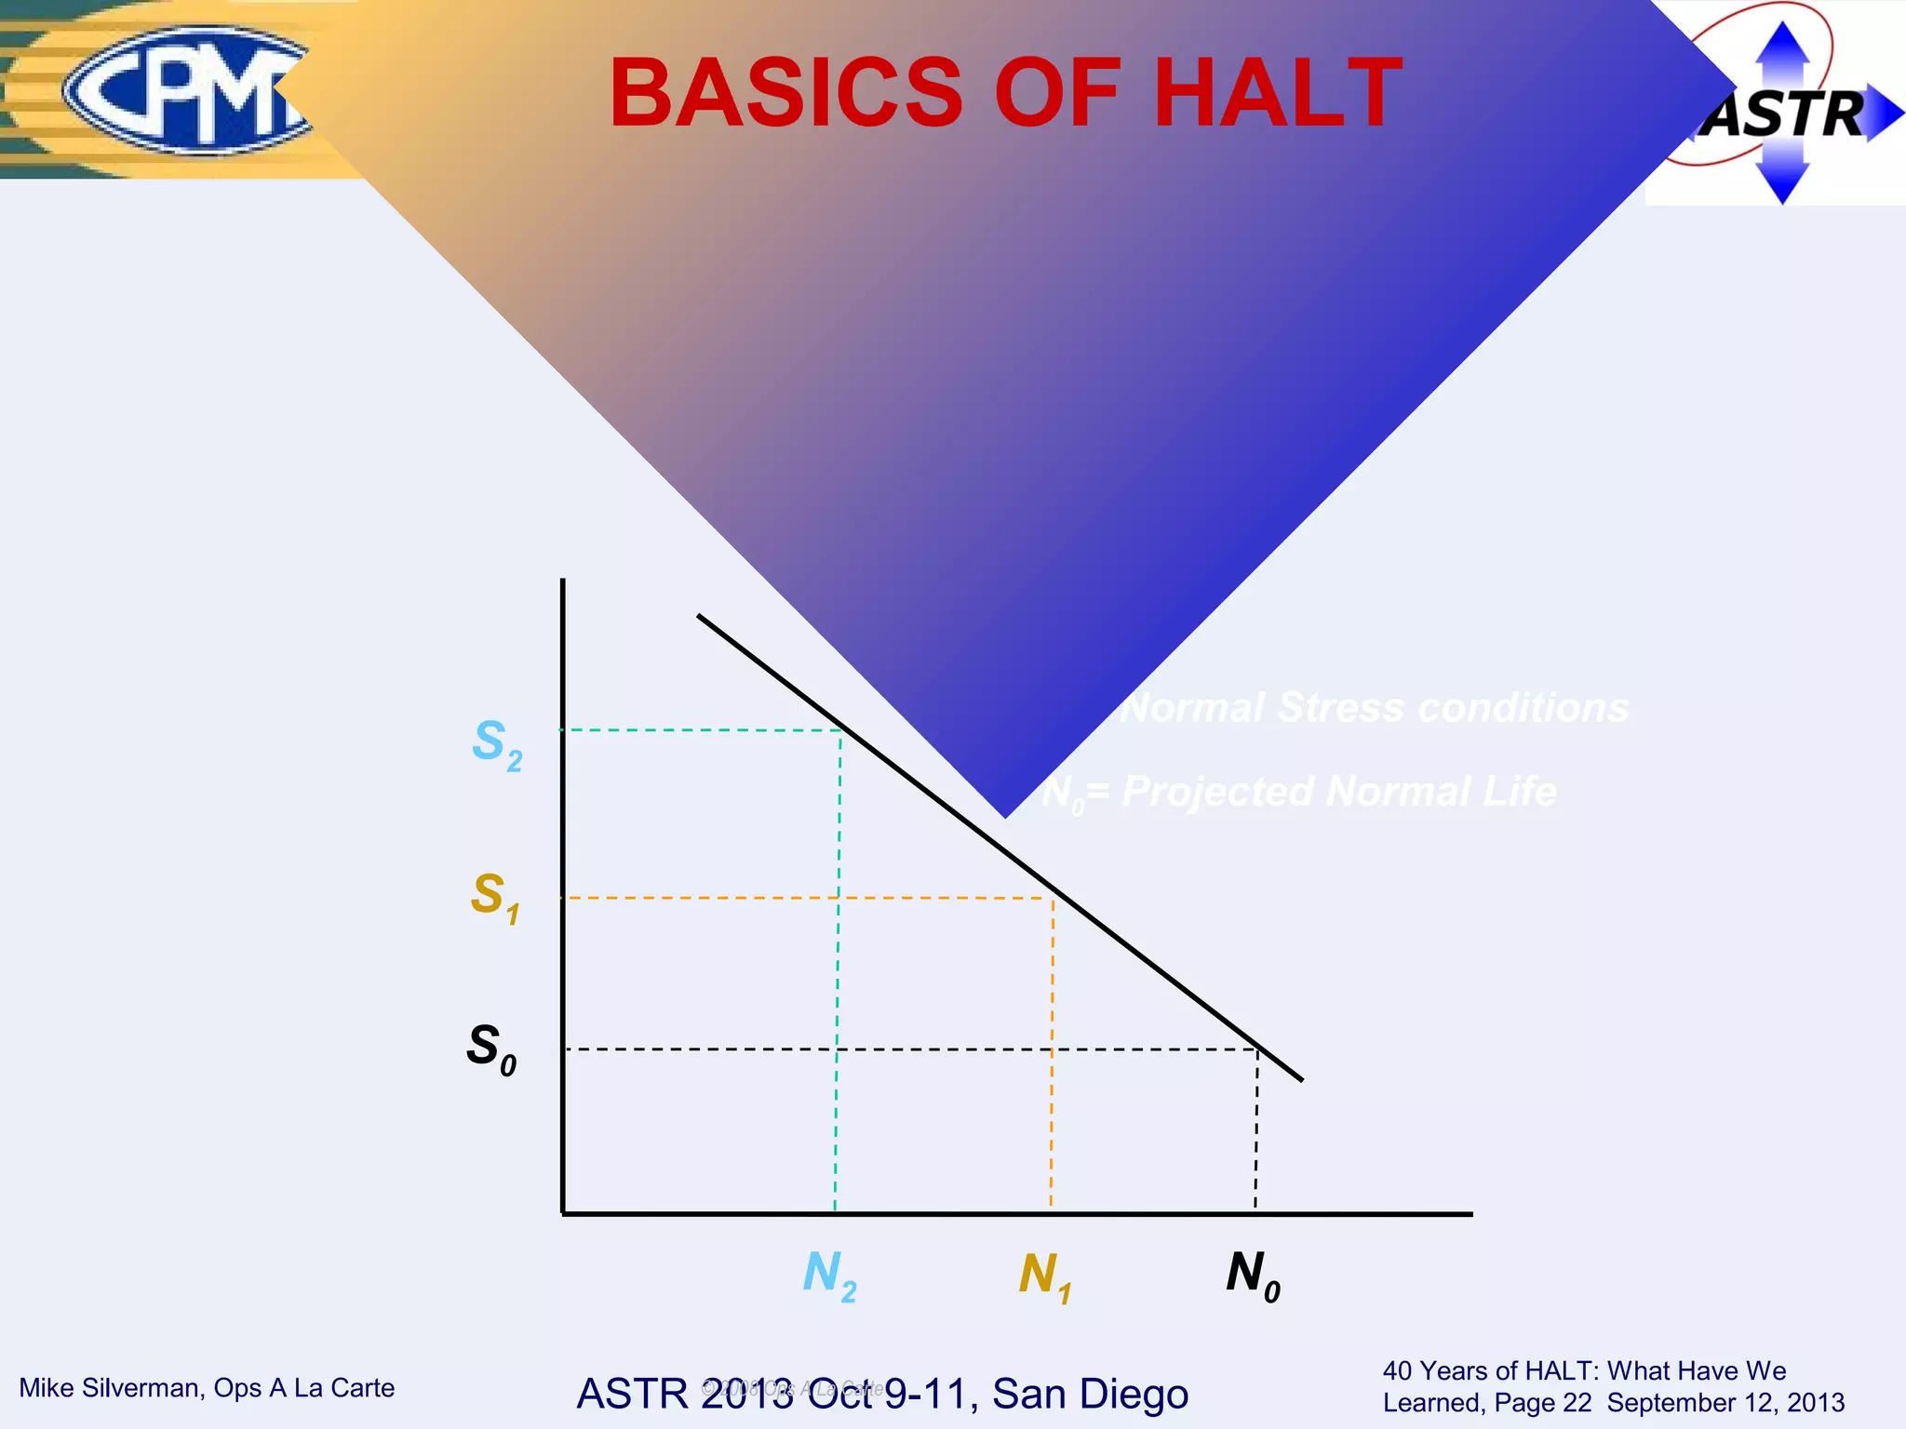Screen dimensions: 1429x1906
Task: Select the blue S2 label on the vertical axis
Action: coord(496,744)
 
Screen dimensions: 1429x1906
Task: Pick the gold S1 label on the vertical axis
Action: coord(494,897)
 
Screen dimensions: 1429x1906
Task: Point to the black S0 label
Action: coord(491,1048)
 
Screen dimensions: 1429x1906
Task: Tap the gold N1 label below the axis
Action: coord(1044,1276)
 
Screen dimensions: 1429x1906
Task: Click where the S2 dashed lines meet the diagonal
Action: coord(841,730)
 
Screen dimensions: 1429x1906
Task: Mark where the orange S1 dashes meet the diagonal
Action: coord(1054,898)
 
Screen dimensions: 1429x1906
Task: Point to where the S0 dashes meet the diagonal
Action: coord(1258,1049)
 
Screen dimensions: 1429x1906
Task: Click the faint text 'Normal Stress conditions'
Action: coord(1374,708)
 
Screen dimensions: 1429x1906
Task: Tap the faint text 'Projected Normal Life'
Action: coord(1338,792)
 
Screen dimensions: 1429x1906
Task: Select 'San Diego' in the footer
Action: coord(1090,1394)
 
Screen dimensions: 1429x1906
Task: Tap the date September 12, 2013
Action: coord(1725,1403)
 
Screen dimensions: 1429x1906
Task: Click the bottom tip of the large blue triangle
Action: coord(1005,816)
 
